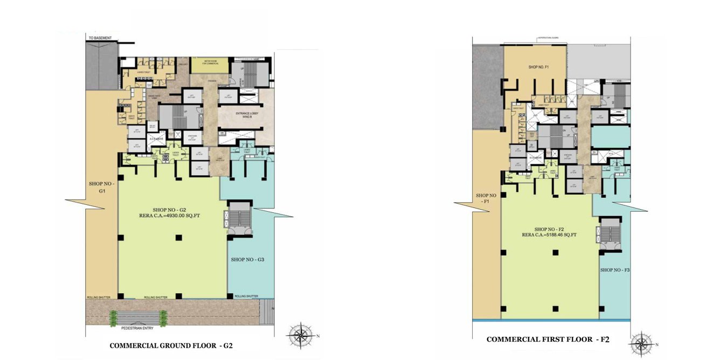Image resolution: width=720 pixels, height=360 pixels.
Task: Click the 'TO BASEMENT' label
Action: (100, 38)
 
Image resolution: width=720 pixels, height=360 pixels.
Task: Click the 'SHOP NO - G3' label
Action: (247, 260)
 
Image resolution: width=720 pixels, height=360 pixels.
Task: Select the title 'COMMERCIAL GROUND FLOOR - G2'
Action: (171, 345)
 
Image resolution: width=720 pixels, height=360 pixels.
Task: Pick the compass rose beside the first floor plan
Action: (641, 344)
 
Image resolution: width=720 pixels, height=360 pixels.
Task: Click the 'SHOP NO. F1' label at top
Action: (538, 67)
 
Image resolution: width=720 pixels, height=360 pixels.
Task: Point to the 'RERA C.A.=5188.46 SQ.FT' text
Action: (549, 235)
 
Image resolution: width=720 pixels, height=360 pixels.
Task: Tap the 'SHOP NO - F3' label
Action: (615, 269)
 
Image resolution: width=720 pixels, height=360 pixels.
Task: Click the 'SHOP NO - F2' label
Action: (549, 229)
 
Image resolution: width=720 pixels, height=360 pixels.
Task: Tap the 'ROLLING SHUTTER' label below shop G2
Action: (155, 297)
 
